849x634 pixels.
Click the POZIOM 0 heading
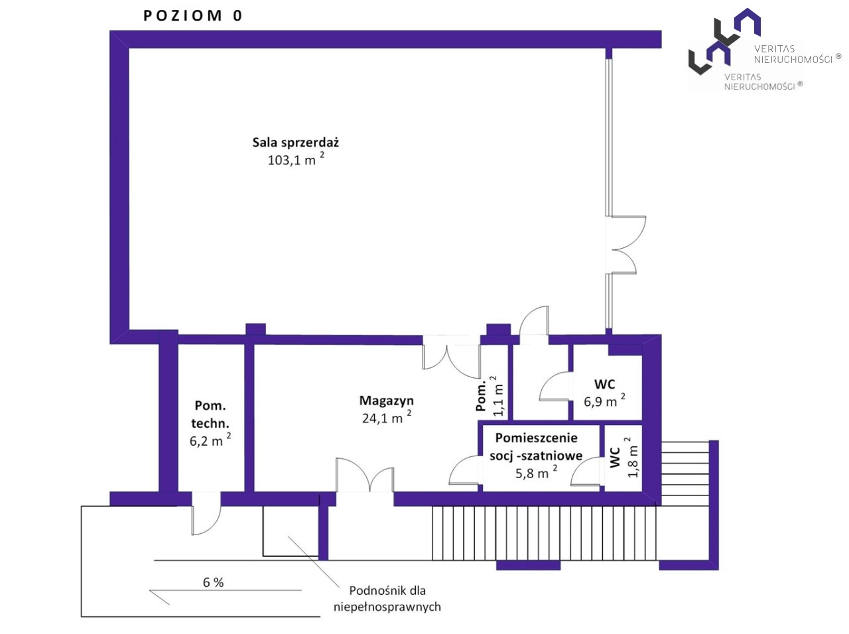[192, 16]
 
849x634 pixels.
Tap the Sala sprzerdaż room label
[296, 143]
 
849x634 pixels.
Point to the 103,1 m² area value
[296, 159]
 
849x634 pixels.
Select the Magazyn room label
[386, 401]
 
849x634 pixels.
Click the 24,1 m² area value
[387, 417]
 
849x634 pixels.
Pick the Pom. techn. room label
[210, 414]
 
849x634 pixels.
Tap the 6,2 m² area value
[210, 440]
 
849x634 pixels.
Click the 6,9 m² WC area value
[604, 401]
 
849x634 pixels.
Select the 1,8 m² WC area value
[632, 458]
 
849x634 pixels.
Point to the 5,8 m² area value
[536, 472]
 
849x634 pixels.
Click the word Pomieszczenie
[536, 438]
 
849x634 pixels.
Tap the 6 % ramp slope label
[213, 582]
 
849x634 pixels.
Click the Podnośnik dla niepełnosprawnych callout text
[387, 598]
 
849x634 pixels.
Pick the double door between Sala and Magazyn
[452, 356]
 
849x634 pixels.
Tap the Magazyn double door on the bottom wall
[365, 475]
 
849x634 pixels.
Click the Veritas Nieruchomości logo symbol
[724, 41]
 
